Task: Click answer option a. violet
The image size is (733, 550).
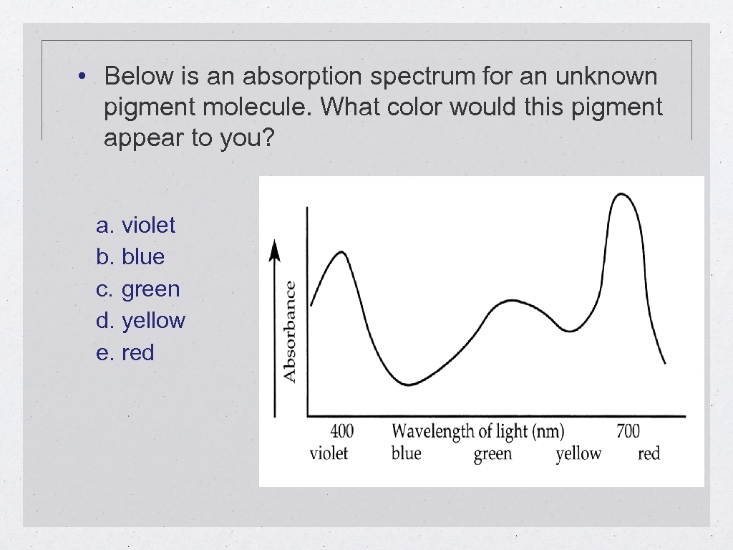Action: tap(135, 226)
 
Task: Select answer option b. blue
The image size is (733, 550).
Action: tap(130, 257)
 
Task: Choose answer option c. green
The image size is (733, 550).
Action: tap(137, 289)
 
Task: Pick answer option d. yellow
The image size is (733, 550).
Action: tap(140, 321)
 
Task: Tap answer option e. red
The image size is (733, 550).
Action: tap(125, 353)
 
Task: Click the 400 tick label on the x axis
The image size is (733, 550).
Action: tap(341, 431)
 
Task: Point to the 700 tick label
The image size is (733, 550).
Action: tap(628, 431)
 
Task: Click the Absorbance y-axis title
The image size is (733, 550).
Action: tap(290, 331)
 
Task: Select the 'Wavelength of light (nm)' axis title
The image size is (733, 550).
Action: tap(477, 431)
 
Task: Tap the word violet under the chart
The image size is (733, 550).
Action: tap(329, 453)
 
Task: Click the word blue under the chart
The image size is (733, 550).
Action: tap(406, 453)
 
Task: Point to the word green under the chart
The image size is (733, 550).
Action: tap(492, 454)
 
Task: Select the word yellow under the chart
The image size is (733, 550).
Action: tap(578, 454)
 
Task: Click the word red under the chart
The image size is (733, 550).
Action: tap(649, 453)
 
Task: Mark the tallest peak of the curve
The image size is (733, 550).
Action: tap(621, 193)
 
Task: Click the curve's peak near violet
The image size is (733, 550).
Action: tap(341, 251)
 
